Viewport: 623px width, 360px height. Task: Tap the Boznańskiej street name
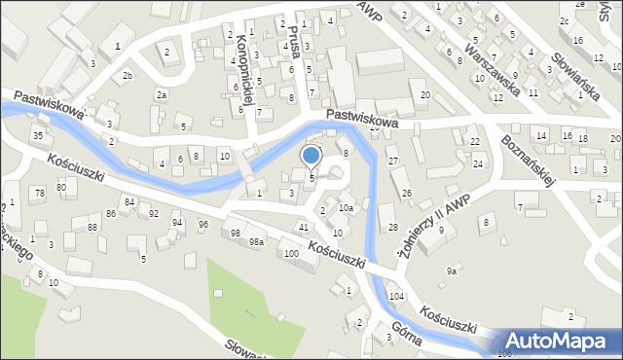click(x=526, y=155)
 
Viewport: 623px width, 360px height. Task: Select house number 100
click(x=291, y=254)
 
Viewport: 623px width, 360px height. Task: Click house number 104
click(x=396, y=296)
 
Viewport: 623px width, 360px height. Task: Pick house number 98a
click(x=256, y=242)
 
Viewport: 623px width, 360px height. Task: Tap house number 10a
click(x=346, y=208)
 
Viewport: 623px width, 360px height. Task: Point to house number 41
click(x=305, y=227)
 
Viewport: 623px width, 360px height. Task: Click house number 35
click(x=37, y=135)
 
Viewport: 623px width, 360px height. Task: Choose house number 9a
click(x=452, y=271)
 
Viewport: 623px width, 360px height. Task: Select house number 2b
click(x=128, y=75)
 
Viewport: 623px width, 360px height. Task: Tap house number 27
click(x=393, y=160)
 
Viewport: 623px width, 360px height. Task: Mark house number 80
click(x=60, y=185)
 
